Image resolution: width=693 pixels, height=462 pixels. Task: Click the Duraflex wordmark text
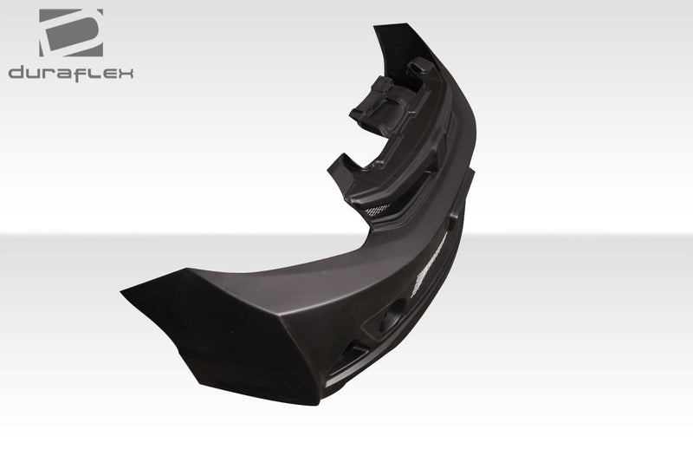pyautogui.click(x=71, y=74)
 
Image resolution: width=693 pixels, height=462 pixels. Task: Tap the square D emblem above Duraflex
pyautogui.click(x=71, y=33)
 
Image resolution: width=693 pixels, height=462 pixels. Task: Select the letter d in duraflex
pyautogui.click(x=16, y=74)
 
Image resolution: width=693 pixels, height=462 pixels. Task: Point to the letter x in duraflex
pyautogui.click(x=126, y=74)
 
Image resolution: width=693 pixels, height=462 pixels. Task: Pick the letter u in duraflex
pyautogui.click(x=35, y=74)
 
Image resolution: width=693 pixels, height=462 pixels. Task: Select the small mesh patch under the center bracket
pyautogui.click(x=379, y=210)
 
